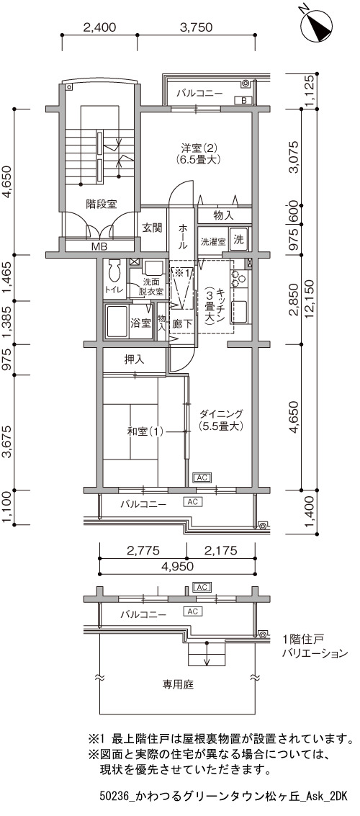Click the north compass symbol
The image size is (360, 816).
click(316, 24)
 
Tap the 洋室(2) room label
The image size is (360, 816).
click(196, 147)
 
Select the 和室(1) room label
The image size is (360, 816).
click(145, 431)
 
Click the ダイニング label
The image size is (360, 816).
click(221, 414)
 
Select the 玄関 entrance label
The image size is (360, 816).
click(153, 227)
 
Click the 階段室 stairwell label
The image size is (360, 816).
click(101, 205)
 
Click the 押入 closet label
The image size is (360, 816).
click(134, 359)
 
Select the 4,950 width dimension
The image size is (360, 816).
click(176, 567)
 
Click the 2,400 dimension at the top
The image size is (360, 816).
click(99, 28)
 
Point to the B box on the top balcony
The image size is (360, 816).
click(243, 100)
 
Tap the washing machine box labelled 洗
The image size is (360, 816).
click(238, 240)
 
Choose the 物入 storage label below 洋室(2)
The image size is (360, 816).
click(223, 215)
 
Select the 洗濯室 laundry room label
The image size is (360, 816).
click(213, 241)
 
